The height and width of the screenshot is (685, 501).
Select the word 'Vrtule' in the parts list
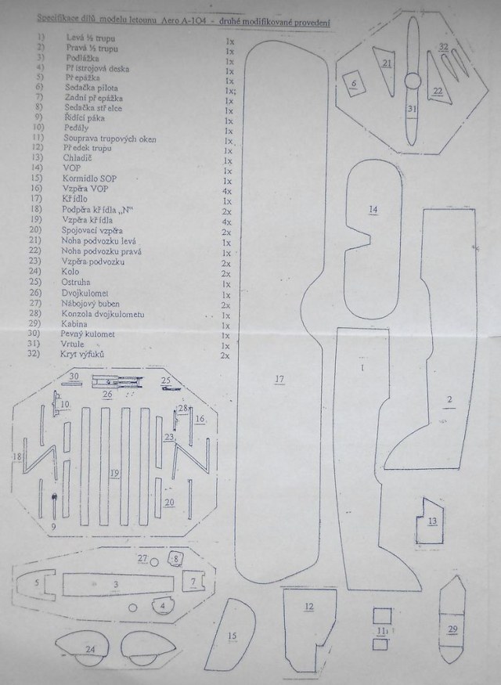[75, 345]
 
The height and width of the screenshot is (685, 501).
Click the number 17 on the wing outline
[279, 380]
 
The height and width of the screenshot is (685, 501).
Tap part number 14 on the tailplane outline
[373, 210]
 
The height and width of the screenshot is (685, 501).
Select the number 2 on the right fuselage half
[449, 402]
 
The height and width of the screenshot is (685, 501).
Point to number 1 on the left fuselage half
[362, 366]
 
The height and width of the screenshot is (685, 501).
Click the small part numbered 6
[355, 82]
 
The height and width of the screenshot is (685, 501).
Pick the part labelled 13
[433, 520]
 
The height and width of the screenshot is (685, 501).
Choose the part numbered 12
[308, 606]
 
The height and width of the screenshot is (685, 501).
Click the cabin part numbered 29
[452, 629]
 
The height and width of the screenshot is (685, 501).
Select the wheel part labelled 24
[90, 650]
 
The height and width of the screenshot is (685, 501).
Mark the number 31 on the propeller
[411, 109]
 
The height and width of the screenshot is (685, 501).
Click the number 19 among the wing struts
[114, 473]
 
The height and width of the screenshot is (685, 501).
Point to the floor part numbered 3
[115, 584]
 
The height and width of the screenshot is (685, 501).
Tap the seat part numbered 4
[163, 605]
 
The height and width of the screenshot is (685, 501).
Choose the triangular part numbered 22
[438, 91]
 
